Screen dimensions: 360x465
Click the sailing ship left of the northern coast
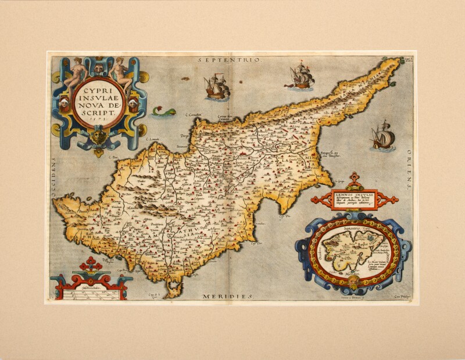coord(217,86)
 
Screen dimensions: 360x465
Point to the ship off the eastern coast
coord(383,137)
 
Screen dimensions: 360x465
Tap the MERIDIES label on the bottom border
coord(228,297)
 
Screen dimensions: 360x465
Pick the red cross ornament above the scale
coord(91,265)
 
